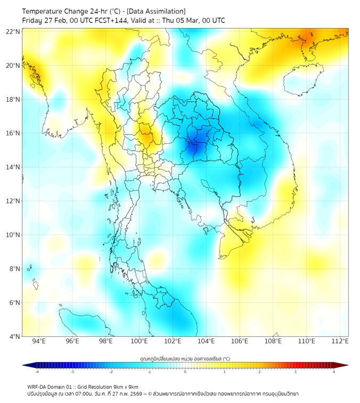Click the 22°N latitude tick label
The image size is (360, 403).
pyautogui.click(x=13, y=32)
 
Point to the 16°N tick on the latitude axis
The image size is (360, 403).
pyautogui.click(x=13, y=133)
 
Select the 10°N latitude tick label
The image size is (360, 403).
pyautogui.click(x=13, y=235)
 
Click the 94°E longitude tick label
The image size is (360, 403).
pyautogui.click(x=39, y=341)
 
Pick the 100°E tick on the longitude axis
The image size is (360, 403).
pyautogui.click(x=139, y=341)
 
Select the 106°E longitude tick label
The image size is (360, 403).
pyautogui.click(x=240, y=341)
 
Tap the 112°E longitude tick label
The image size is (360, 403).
pyautogui.click(x=340, y=341)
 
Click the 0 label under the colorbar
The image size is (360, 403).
pyautogui.click(x=185, y=372)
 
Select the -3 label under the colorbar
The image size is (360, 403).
pyautogui.click(x=72, y=372)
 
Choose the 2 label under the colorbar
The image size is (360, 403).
pyautogui.click(x=259, y=372)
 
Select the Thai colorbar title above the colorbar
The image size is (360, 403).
pyautogui.click(x=185, y=359)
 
